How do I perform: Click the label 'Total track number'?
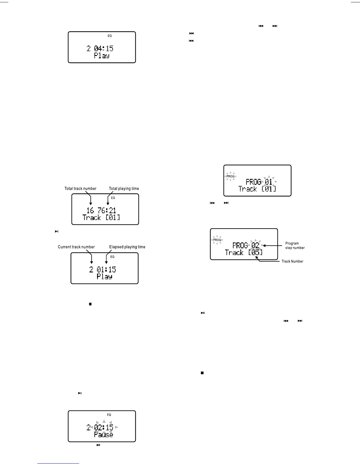coord(80,189)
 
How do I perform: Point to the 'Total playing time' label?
coord(124,189)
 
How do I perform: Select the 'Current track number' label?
coord(76,247)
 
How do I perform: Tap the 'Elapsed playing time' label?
coord(127,247)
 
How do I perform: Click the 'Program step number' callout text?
coord(295,246)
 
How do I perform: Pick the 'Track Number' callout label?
coord(292,261)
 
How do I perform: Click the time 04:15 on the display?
coord(104,48)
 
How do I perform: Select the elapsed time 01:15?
coord(106,269)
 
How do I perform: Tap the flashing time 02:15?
coord(104,427)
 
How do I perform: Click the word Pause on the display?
coord(104,435)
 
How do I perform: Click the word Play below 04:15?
coord(102,56)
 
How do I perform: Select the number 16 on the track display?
coord(90,210)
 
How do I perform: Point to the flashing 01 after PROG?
coord(269,182)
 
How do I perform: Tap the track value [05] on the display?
coord(255,252)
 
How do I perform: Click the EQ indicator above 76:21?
coord(113,198)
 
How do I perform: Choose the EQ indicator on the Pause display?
coord(109,415)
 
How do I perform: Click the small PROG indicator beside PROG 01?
coord(231,177)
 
